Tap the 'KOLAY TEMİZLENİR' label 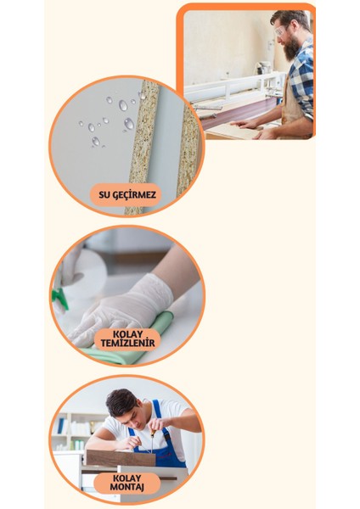click(127, 338)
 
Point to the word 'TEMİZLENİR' click(127, 344)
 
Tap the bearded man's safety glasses click(280, 31)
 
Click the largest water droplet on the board click(129, 124)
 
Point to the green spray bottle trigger click(59, 297)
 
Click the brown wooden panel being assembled click(120, 458)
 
